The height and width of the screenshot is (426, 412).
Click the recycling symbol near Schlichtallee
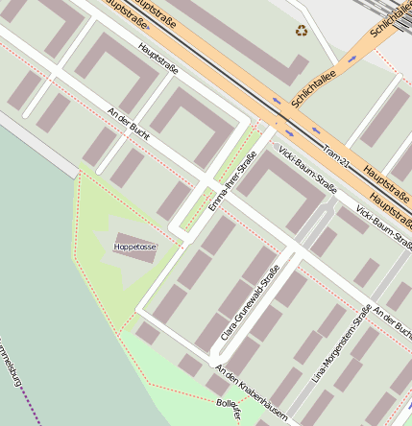(303, 31)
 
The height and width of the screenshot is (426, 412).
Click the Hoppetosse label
(134, 247)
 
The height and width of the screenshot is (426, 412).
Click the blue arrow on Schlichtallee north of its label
(352, 59)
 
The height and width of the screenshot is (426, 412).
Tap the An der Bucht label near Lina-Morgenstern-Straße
(392, 324)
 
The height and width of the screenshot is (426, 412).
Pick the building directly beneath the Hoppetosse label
(134, 256)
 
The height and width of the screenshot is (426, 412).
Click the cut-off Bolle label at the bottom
(228, 410)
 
